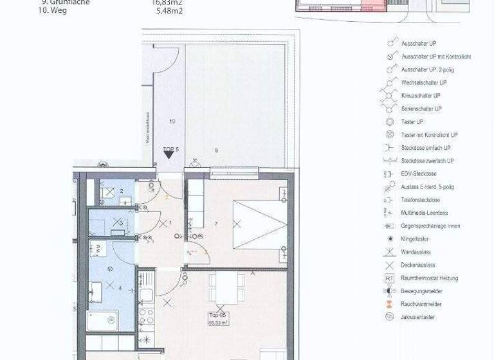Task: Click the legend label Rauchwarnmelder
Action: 422,304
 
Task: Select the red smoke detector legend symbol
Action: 389,304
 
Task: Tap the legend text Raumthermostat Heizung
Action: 430,278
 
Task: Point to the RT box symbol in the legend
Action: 389,278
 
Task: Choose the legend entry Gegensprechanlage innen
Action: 430,226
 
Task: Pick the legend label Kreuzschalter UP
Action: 421,96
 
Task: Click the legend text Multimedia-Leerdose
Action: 425,213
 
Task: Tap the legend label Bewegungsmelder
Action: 422,291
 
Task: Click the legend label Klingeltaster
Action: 416,239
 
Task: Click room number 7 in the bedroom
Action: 217,223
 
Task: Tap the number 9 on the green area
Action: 216,150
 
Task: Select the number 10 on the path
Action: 172,120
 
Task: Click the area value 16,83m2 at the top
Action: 166,3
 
